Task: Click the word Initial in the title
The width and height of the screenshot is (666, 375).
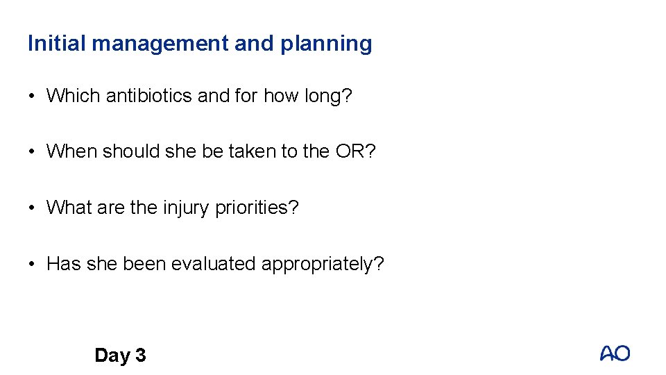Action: tap(57, 44)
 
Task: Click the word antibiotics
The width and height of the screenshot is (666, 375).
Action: tap(149, 96)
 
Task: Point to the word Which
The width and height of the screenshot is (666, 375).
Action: tap(74, 96)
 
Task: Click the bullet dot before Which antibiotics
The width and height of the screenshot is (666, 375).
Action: tap(33, 96)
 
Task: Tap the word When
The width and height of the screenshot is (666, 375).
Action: tap(71, 152)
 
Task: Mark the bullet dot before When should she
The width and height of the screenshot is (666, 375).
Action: tap(33, 152)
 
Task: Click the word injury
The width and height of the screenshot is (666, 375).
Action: tap(187, 208)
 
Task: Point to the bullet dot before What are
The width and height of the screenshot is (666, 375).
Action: tap(33, 208)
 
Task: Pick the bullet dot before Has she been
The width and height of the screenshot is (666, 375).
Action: tap(33, 265)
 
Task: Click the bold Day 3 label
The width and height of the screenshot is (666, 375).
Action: tap(120, 356)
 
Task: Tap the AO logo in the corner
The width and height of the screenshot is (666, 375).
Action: tap(615, 353)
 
